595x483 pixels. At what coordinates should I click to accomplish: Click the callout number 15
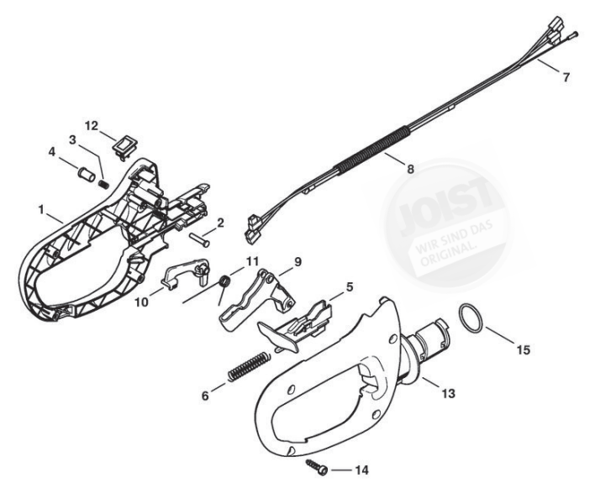click(523, 349)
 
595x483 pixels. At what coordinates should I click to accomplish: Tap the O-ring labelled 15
click(472, 320)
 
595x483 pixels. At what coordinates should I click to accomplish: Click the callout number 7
click(566, 77)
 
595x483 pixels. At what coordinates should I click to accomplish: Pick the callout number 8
click(410, 169)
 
